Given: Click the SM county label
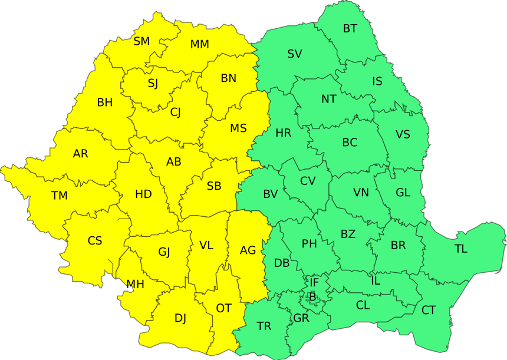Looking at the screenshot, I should click(141, 41).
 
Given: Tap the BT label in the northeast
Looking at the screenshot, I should click(350, 28).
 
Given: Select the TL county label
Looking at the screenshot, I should click(460, 249).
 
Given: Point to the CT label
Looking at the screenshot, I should click(429, 310).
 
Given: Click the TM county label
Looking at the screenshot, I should click(60, 196).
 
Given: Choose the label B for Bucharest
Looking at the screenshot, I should click(312, 296).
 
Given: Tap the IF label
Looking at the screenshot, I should click(314, 283).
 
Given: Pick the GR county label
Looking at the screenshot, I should click(301, 319).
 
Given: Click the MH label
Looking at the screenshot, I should click(135, 284).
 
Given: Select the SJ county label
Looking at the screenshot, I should click(153, 83).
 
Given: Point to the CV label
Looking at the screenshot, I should click(308, 181).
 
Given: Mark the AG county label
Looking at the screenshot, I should click(248, 250).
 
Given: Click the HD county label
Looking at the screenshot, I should click(143, 194).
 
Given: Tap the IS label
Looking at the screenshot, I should click(377, 81).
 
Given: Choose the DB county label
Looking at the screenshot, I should click(282, 263).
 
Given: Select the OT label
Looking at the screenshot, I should click(223, 308).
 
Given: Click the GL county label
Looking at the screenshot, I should click(403, 193).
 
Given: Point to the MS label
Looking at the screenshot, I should click(238, 128).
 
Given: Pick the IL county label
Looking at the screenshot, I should click(376, 281).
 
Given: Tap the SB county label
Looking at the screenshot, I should click(214, 186).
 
